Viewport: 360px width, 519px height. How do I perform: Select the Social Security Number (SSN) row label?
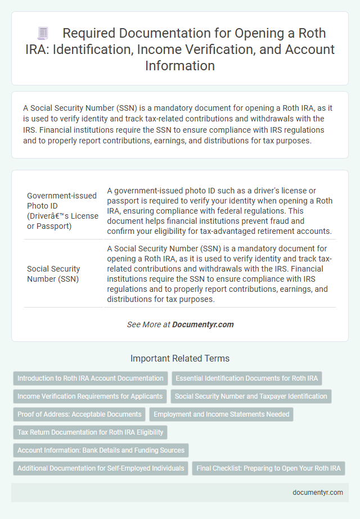coord(53,273)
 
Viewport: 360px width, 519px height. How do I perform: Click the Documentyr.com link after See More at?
coord(203,324)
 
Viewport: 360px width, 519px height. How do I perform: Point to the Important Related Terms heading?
coord(180,358)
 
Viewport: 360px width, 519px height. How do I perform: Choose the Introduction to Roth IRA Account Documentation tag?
coord(91,378)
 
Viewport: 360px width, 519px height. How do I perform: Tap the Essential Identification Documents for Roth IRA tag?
coord(246,378)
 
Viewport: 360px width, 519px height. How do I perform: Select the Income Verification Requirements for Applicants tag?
coord(89,396)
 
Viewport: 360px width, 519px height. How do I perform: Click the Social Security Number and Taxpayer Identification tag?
coord(251,396)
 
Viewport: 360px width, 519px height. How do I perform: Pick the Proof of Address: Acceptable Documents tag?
coord(79,414)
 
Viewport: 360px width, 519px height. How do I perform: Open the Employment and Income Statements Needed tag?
coord(221,414)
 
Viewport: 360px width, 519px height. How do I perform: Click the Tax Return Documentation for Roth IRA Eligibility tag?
coord(90,432)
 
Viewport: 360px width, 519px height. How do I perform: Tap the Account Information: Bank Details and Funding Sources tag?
coord(101,450)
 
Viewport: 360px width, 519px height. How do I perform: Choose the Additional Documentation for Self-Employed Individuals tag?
coord(101,468)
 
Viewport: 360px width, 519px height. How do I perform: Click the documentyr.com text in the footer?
coord(318,492)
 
